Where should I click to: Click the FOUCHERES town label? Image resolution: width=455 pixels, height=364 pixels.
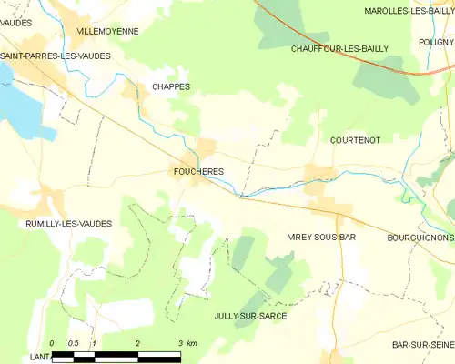tap(197, 171)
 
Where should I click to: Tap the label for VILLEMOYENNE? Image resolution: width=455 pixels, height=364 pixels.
tap(107, 31)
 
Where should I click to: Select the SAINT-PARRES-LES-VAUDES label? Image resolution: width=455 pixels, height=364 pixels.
tap(56, 56)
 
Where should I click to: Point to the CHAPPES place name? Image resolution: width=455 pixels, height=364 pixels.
tap(170, 86)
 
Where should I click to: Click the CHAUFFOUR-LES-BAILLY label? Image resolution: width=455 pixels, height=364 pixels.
tap(339, 48)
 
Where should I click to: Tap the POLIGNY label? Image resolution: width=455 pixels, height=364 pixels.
tap(436, 42)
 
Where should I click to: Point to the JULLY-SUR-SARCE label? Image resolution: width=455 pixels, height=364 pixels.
tap(250, 315)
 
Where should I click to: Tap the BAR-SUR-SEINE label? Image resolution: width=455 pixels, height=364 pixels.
tap(423, 345)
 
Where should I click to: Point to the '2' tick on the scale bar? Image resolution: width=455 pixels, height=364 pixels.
tap(137, 343)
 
